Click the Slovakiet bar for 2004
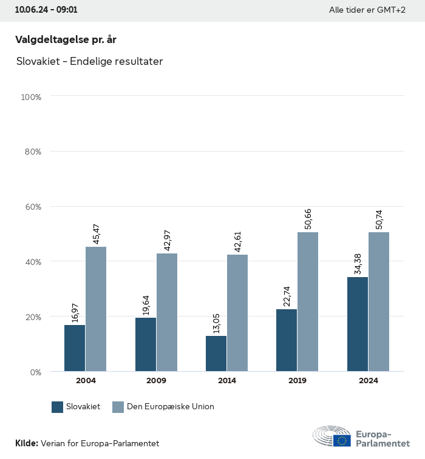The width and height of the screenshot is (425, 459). [75, 348]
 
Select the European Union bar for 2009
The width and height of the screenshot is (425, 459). [167, 312]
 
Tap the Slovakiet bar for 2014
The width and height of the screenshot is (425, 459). [216, 353]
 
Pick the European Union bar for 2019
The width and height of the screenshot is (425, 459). [308, 302]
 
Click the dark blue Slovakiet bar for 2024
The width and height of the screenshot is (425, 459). [358, 324]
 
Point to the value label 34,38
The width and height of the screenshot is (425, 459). [357, 263]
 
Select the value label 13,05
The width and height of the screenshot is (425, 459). [216, 322]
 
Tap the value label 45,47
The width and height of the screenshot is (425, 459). [96, 233]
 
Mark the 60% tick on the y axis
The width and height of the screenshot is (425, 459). [32, 207]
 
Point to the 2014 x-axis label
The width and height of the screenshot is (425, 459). [226, 381]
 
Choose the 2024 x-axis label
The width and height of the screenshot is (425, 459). [368, 381]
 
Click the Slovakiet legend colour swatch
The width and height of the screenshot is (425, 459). [58, 407]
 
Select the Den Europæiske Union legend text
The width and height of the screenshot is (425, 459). [171, 407]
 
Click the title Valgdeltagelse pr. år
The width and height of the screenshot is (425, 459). [66, 39]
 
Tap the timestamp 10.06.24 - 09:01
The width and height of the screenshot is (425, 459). [46, 10]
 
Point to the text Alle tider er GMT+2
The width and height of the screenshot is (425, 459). [367, 10]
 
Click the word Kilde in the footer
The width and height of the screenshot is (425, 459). [26, 443]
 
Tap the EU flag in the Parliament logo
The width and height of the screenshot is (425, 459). [342, 440]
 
